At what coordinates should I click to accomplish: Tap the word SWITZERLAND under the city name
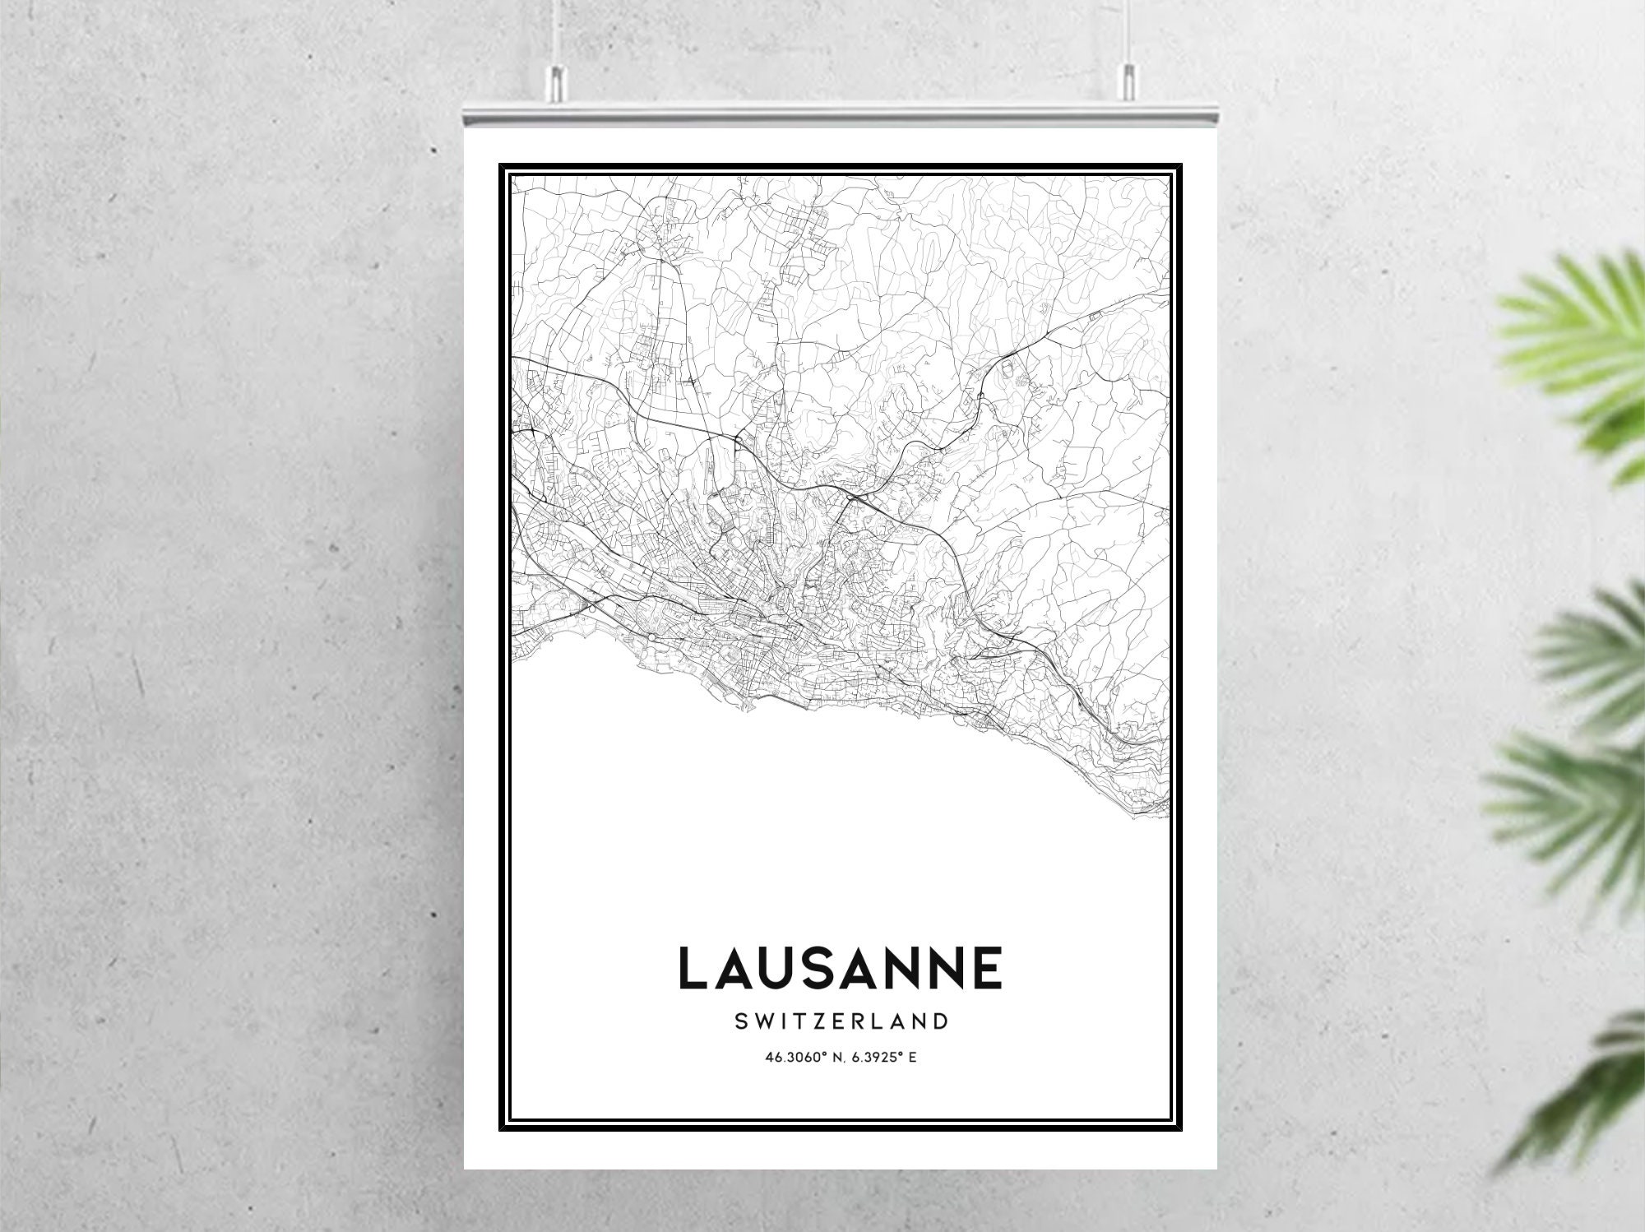pyautogui.click(x=840, y=1022)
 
